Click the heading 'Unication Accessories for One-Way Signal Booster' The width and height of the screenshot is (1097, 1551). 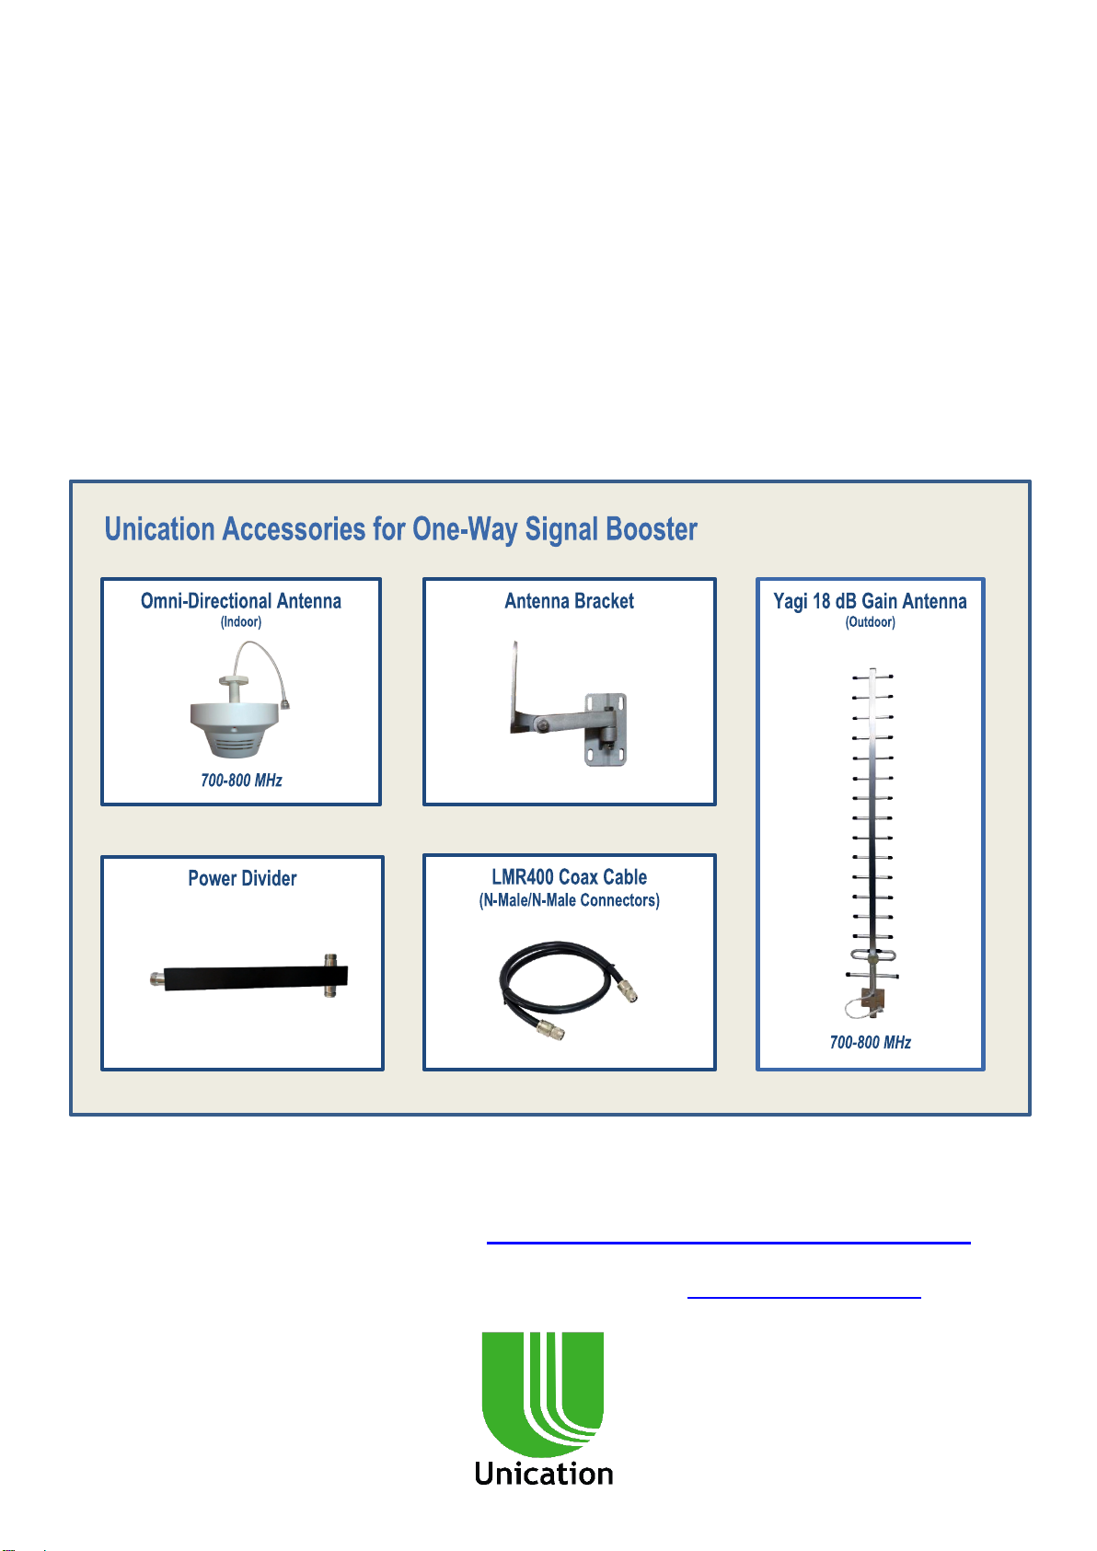tap(400, 529)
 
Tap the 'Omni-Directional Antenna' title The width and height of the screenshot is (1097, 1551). tap(241, 601)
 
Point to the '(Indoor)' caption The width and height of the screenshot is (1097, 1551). tap(241, 622)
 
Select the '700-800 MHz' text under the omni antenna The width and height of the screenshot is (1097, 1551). tap(241, 781)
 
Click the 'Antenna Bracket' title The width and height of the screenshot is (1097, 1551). tap(569, 601)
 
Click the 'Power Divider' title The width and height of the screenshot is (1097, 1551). tap(242, 878)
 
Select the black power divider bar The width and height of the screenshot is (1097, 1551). tap(244, 977)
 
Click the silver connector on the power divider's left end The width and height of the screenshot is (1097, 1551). tap(156, 978)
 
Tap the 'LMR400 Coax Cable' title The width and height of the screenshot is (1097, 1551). tap(569, 877)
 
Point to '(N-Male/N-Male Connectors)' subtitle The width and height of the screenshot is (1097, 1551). tap(569, 900)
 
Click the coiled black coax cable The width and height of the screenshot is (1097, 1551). tap(552, 980)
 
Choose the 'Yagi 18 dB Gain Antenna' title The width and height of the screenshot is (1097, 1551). tap(870, 601)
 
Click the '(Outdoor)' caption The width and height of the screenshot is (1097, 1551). tap(870, 622)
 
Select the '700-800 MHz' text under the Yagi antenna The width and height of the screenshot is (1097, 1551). tap(870, 1042)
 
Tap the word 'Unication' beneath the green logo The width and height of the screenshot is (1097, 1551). tap(543, 1474)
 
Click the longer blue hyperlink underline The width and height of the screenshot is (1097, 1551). tap(728, 1243)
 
